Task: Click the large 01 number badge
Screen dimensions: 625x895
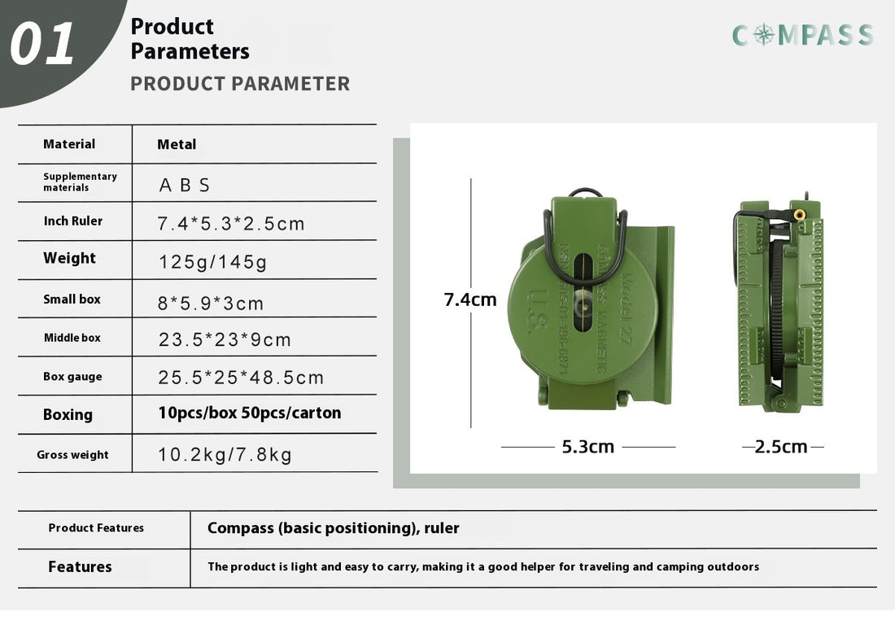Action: pos(42,44)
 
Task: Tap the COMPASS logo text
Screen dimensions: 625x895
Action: pos(802,35)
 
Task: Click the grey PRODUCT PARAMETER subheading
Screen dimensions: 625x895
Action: pos(240,84)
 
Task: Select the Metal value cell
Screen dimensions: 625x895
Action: pos(177,145)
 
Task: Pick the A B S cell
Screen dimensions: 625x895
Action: pos(185,186)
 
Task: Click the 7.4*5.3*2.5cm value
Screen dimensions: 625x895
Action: pos(231,224)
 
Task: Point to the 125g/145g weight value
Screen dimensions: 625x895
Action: pos(212,262)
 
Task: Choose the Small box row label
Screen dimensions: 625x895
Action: pos(72,299)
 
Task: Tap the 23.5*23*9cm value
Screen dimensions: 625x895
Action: pos(225,339)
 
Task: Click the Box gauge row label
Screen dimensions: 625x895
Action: pos(72,377)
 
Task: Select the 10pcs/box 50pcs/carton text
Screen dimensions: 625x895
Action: pos(249,413)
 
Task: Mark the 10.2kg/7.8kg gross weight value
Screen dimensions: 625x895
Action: pos(225,455)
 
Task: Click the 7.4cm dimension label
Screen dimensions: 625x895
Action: pos(470,299)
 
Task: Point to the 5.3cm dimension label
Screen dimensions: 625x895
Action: pos(587,447)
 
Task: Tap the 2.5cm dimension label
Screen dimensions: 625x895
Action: pos(781,447)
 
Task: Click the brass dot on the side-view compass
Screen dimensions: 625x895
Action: pos(799,215)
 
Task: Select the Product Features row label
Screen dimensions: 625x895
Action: pos(96,528)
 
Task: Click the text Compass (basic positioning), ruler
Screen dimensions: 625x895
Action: pos(334,528)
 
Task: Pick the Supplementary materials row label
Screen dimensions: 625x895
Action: pos(80,181)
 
